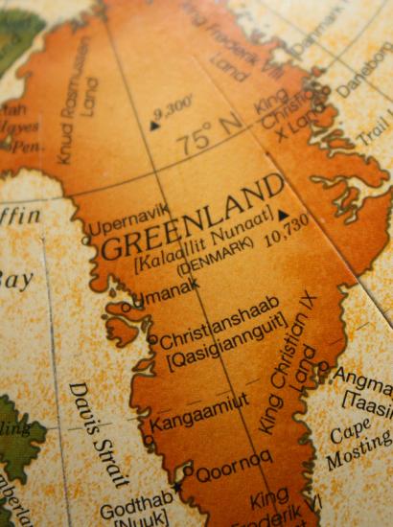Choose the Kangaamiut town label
200,410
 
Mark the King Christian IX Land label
291,368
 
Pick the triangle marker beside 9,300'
155,124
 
